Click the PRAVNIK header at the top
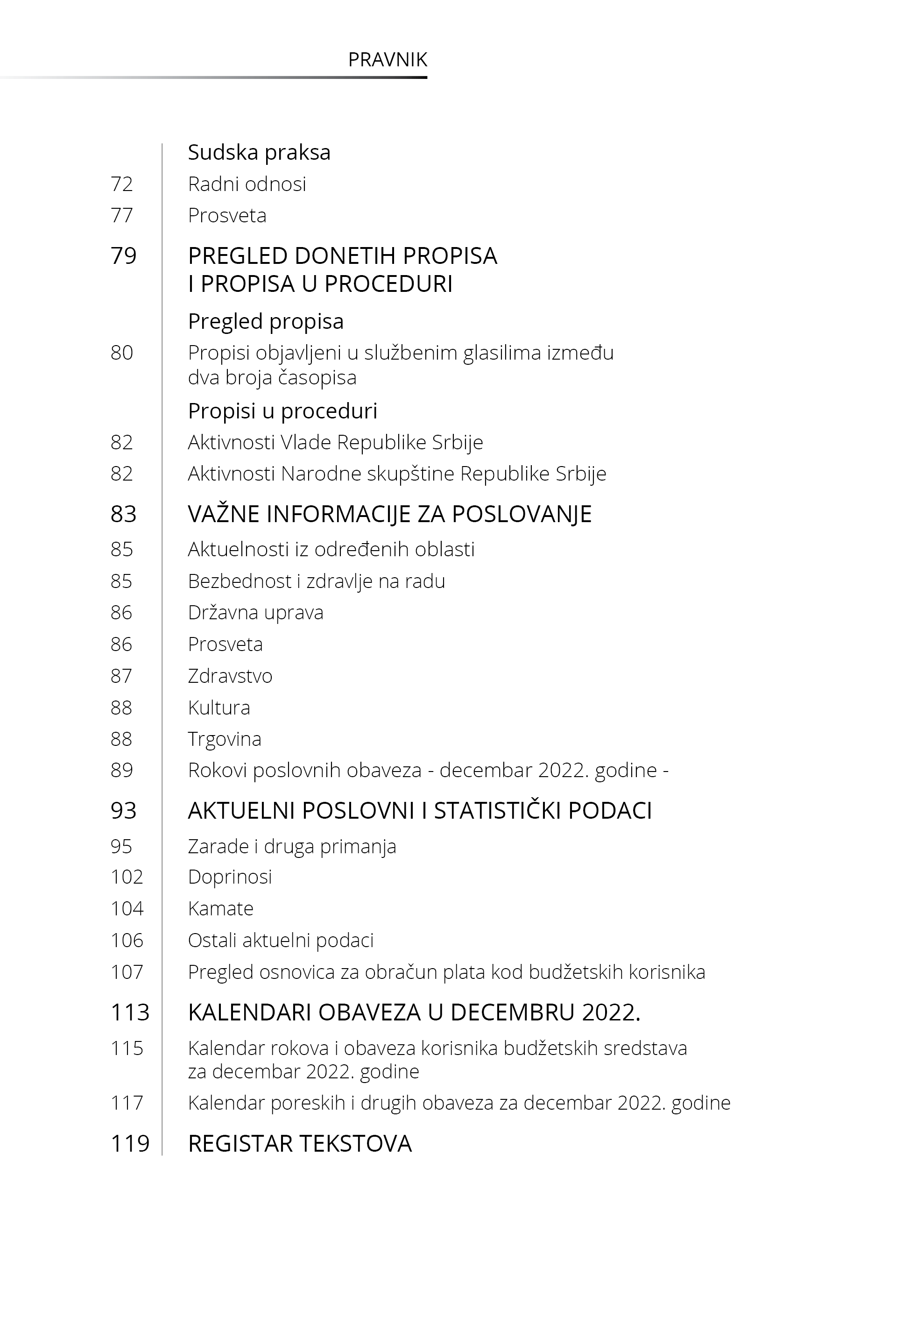coord(387,60)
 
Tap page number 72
coord(121,184)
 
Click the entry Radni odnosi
coord(247,184)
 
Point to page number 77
coord(121,216)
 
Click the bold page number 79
coord(124,256)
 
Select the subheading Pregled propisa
coord(266,322)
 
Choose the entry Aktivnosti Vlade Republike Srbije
coord(335,442)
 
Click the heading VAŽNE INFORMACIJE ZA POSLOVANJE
coord(389,514)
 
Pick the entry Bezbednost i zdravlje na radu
coord(317,581)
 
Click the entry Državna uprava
coord(255,612)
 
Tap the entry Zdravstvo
coord(230,676)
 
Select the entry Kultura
coord(219,708)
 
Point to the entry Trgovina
coord(225,739)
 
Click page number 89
coord(121,770)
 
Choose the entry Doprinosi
coord(230,877)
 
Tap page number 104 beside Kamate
coord(127,908)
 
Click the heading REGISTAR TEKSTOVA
coord(299,1144)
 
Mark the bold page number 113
coord(130,1012)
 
